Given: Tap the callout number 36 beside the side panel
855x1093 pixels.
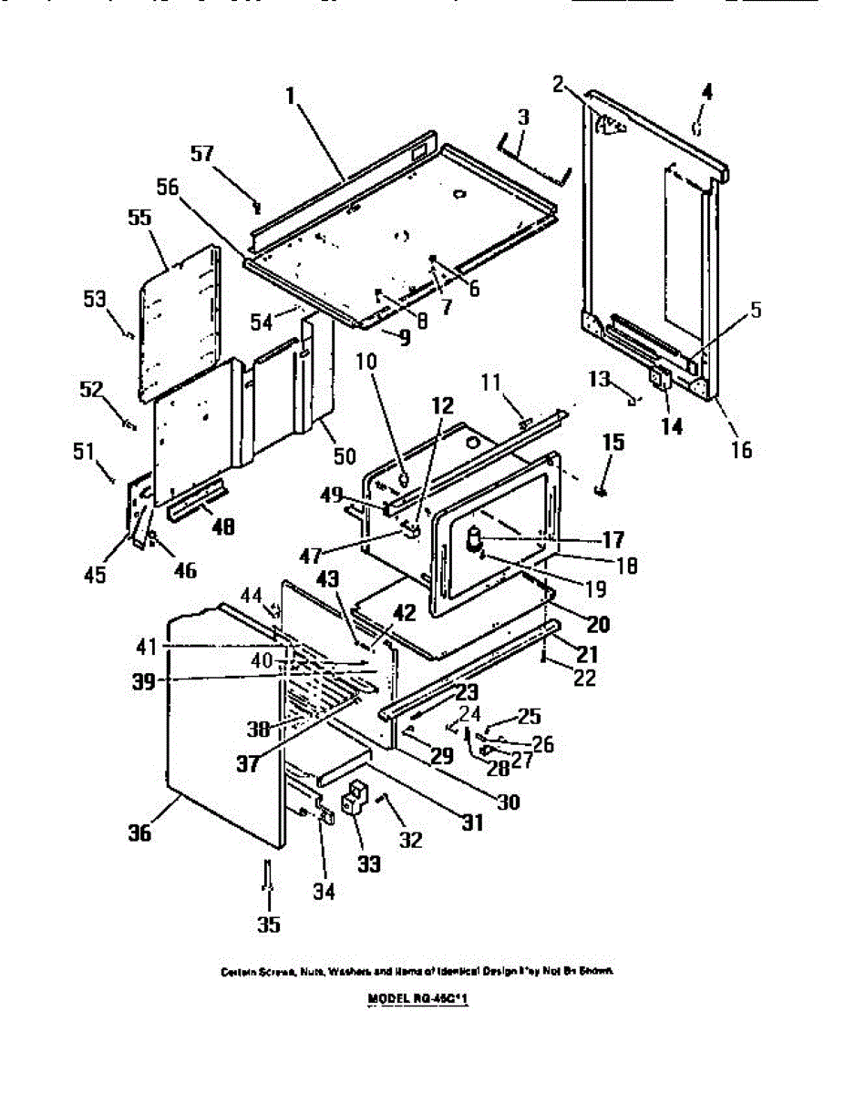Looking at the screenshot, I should point(137,833).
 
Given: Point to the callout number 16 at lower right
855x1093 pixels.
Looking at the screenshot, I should point(741,449).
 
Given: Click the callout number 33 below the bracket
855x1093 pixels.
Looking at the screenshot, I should point(367,862).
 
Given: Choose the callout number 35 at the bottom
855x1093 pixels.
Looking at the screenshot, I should point(268,925).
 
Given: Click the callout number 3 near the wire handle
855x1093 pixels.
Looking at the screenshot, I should point(523,117).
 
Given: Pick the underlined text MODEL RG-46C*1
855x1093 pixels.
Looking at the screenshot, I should point(422,998).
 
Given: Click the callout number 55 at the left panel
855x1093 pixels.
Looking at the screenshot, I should point(140,219).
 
